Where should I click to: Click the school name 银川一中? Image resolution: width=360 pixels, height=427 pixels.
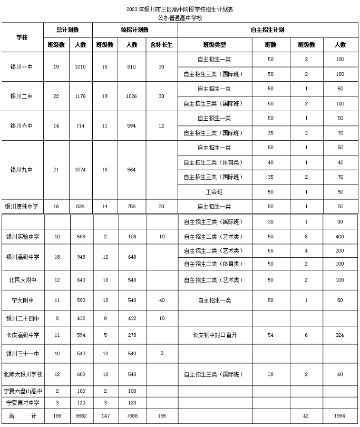pyautogui.click(x=22, y=66)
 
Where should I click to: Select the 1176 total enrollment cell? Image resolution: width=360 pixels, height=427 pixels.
pyautogui.click(x=81, y=96)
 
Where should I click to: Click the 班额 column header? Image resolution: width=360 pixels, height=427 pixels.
pyautogui.click(x=270, y=45)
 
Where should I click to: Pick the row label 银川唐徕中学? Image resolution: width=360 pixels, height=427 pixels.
pyautogui.click(x=22, y=207)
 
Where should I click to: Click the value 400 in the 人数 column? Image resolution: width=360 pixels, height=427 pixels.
pyautogui.click(x=340, y=237)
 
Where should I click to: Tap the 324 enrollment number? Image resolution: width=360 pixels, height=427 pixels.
pyautogui.click(x=340, y=335)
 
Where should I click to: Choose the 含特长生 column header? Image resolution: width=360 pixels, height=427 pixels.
pyautogui.click(x=161, y=45)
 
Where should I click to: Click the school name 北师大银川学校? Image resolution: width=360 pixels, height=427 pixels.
pyautogui.click(x=22, y=374)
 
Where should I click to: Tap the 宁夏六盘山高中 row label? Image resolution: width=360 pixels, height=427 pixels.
pyautogui.click(x=22, y=391)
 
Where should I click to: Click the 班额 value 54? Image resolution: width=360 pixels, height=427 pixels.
pyautogui.click(x=270, y=335)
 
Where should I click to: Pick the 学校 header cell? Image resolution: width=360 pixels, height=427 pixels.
pyautogui.click(x=22, y=37)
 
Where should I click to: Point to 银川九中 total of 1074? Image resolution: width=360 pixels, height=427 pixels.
pyautogui.click(x=81, y=170)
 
